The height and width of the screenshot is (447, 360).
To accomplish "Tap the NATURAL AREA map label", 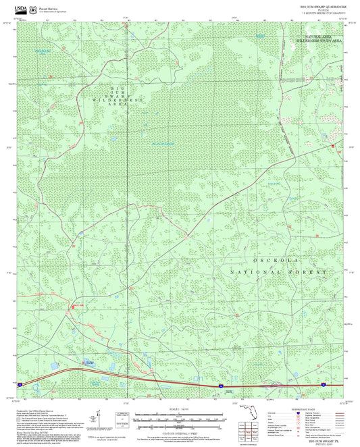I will pos(318,36).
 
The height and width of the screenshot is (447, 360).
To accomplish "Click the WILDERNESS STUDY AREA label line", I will pos(318,41).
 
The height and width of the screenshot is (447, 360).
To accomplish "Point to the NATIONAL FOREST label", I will pos(278,271).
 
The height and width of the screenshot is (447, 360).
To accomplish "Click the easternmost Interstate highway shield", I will pos(325,385).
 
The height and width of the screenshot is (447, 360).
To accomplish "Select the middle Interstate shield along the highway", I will pos(221,386).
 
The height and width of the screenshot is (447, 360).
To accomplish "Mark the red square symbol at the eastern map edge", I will pos(332,146).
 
